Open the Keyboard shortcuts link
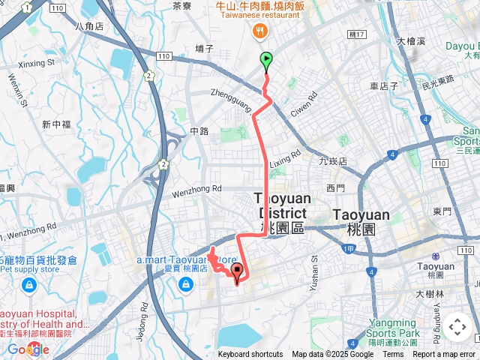pos(250,355)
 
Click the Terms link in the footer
pos(393,355)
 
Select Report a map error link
pos(445,355)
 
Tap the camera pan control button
pos(457,327)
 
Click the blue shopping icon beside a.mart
pos(185,284)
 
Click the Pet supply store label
pos(29,268)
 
